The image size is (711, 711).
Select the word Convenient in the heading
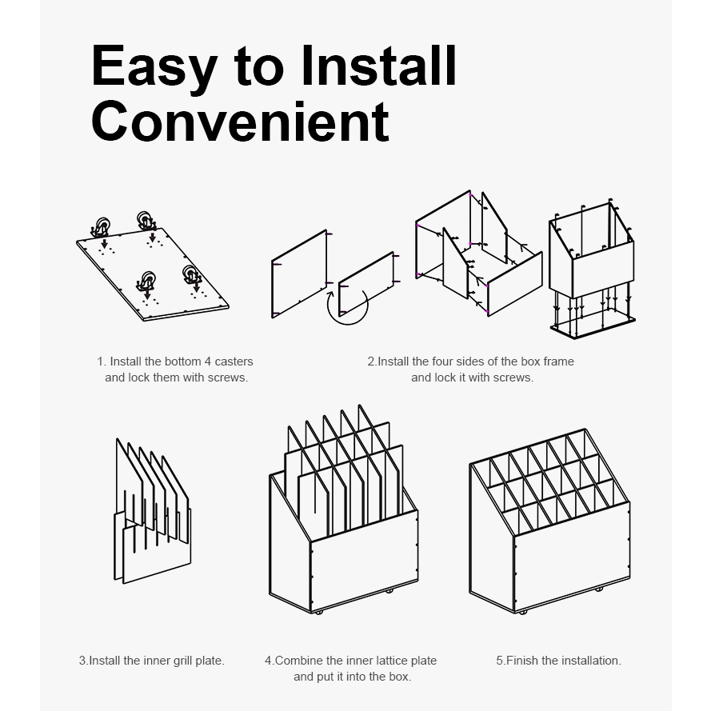coord(240,122)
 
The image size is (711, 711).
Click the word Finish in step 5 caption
coord(517,661)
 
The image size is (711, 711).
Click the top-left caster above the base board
coord(101,226)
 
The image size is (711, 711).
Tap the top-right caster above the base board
coord(146,221)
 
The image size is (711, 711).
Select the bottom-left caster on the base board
coord(146,282)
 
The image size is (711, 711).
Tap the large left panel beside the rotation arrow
coord(299,274)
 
